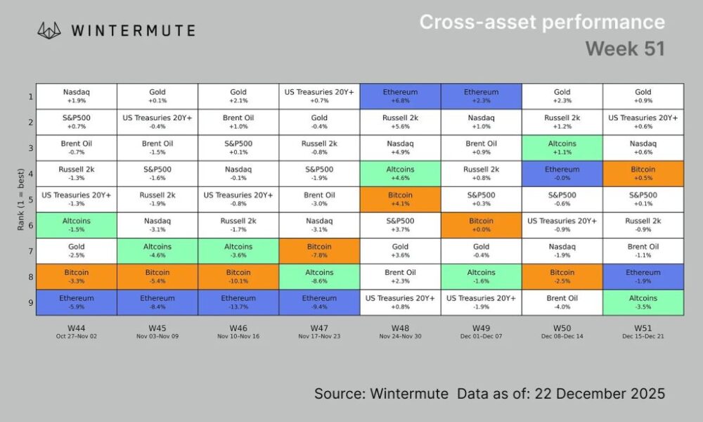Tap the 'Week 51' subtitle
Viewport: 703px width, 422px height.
pyautogui.click(x=625, y=49)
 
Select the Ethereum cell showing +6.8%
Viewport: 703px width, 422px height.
pyautogui.click(x=401, y=96)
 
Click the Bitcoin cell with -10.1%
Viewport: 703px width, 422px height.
pyautogui.click(x=238, y=276)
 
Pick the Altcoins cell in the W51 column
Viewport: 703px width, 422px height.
pyautogui.click(x=643, y=302)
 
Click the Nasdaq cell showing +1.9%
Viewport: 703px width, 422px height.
pyautogui.click(x=76, y=96)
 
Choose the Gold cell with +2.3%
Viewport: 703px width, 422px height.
pyautogui.click(x=562, y=96)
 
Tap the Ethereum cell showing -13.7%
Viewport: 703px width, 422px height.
pyautogui.click(x=238, y=302)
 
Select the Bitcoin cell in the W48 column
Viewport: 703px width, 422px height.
pyautogui.click(x=401, y=199)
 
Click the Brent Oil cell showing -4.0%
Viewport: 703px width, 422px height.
pyautogui.click(x=562, y=302)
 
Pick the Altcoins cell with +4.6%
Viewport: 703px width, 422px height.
pyautogui.click(x=401, y=173)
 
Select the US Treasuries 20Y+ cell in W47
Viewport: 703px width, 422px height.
pyautogui.click(x=319, y=96)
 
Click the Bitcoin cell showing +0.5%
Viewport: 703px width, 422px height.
pyautogui.click(x=643, y=173)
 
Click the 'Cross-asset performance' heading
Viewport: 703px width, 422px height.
pyautogui.click(x=542, y=22)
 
